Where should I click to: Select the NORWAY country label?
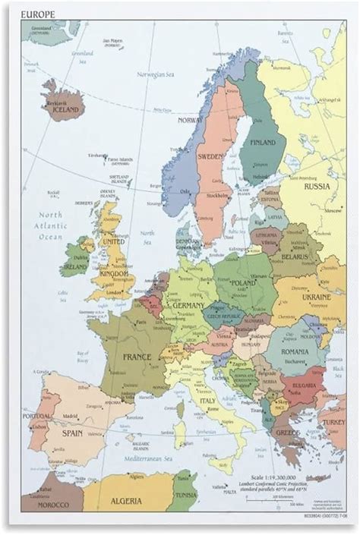click(190, 120)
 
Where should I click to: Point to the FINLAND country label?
click(263, 142)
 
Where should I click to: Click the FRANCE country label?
click(137, 356)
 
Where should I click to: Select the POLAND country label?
click(243, 283)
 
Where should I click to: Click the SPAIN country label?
click(72, 433)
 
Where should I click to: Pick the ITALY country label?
click(207, 400)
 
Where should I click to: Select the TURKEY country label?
click(333, 422)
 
